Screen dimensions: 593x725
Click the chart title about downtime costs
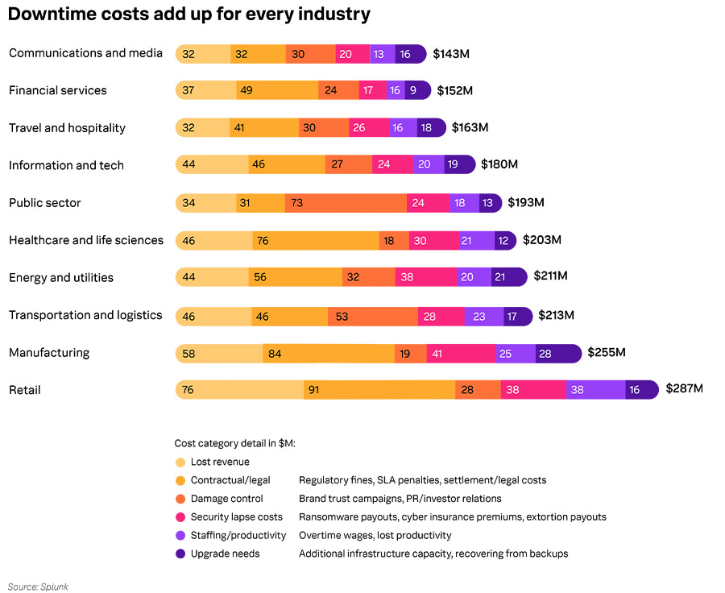pyautogui.click(x=189, y=15)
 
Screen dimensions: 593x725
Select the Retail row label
pyautogui.click(x=25, y=390)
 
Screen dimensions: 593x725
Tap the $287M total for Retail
pyautogui.click(x=684, y=388)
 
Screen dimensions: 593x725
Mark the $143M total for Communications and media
pyautogui.click(x=451, y=53)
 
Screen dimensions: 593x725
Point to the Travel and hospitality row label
pyautogui.click(x=67, y=128)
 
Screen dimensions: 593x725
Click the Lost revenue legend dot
pyautogui.click(x=180, y=462)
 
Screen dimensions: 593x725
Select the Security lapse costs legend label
pyautogui.click(x=236, y=517)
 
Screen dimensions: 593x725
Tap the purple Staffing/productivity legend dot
pyautogui.click(x=180, y=536)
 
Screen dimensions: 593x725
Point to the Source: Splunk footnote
pyautogui.click(x=38, y=586)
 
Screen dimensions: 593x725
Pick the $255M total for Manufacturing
pyautogui.click(x=607, y=352)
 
